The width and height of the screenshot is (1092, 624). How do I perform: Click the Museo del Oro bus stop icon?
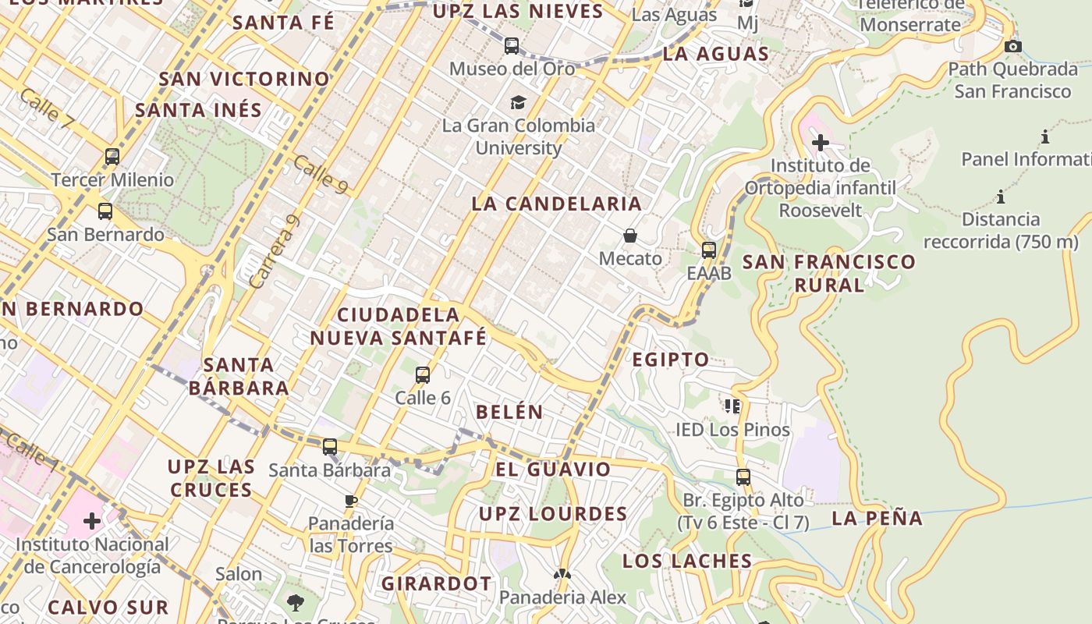(x=512, y=46)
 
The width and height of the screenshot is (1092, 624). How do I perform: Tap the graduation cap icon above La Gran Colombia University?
(x=518, y=102)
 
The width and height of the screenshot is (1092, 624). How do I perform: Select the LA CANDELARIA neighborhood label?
(x=557, y=204)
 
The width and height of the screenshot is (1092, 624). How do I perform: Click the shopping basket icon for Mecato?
(x=630, y=236)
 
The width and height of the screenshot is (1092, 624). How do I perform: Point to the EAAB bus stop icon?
(x=709, y=250)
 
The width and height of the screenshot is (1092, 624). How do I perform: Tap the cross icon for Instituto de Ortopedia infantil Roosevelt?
(x=820, y=143)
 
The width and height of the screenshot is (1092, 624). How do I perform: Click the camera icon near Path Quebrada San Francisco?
(x=1013, y=46)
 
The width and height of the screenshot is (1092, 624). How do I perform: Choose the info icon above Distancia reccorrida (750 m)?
(x=1001, y=197)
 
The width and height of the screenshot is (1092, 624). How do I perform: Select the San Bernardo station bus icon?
(x=105, y=211)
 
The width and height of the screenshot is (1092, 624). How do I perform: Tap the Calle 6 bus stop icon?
(x=423, y=375)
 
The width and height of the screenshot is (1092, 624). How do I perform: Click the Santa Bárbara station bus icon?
(x=330, y=447)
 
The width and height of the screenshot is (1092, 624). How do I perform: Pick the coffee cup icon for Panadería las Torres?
(x=351, y=501)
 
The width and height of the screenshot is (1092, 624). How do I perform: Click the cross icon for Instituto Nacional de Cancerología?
(x=92, y=521)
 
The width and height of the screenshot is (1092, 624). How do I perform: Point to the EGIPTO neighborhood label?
(x=670, y=360)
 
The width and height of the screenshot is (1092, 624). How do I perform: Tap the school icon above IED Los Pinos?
(x=732, y=406)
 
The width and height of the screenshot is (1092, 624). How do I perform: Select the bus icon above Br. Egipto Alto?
(x=743, y=477)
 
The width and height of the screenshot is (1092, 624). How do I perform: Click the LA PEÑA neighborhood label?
(x=877, y=519)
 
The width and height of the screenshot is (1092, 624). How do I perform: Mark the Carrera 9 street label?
(x=275, y=251)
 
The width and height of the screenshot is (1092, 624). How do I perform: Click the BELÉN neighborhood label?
(x=509, y=413)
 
